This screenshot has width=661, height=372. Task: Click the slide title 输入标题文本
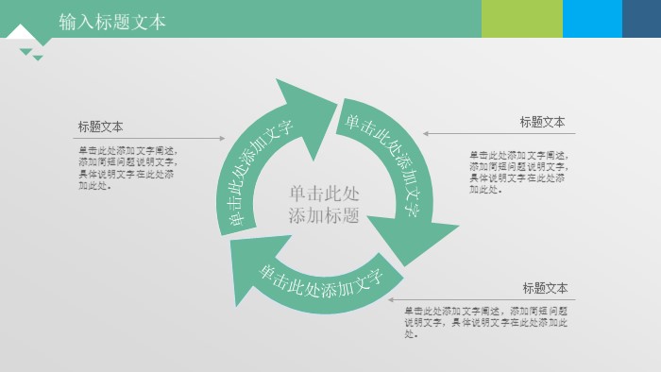[x=112, y=21]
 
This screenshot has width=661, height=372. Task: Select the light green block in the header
[x=521, y=18]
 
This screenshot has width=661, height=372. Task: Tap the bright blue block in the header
[x=592, y=18]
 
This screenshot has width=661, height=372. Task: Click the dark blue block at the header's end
[x=641, y=18]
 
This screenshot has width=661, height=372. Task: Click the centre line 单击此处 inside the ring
[x=324, y=194]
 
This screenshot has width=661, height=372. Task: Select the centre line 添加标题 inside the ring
[x=324, y=215]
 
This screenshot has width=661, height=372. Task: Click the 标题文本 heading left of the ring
[x=100, y=127]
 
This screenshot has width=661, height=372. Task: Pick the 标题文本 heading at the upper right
[x=542, y=122]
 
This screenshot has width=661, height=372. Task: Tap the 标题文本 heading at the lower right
[x=545, y=288]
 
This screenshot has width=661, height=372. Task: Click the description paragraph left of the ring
[x=127, y=167]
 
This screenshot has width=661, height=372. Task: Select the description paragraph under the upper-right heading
[x=518, y=172]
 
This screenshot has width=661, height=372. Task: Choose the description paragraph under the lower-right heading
[x=485, y=322]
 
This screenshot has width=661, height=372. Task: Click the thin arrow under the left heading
[x=150, y=139]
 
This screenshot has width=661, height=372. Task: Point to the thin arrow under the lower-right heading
[x=482, y=299]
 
